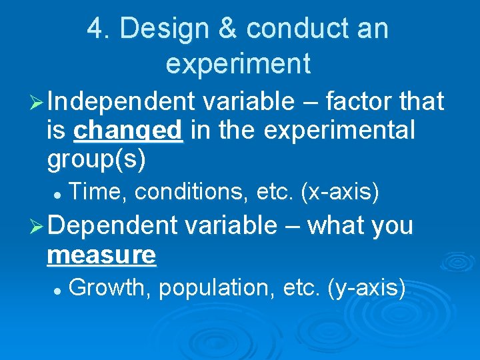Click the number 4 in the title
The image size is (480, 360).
95,29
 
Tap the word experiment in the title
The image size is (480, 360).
238,64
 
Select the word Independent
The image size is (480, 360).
121,102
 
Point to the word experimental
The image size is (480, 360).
339,131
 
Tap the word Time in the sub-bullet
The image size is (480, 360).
98,192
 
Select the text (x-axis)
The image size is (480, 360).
340,192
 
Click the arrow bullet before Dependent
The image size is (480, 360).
37,226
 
